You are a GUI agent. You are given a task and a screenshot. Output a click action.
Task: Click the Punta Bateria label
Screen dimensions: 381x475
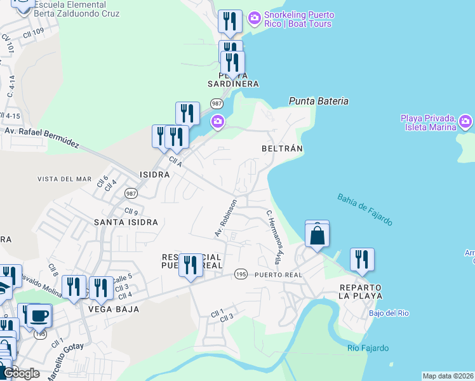(x=318, y=101)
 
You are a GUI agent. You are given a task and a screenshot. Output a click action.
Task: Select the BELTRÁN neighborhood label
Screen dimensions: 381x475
(x=282, y=148)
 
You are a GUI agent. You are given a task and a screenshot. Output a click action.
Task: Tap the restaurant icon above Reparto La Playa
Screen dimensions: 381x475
(x=362, y=260)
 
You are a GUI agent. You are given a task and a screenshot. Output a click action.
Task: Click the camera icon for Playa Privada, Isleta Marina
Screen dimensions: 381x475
(x=465, y=121)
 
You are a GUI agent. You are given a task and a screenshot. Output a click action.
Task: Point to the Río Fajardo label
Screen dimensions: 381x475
(x=368, y=348)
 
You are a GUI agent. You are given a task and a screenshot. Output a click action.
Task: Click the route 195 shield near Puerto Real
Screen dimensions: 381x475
(x=240, y=274)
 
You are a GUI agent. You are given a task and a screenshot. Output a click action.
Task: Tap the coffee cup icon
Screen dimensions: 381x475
(x=39, y=315)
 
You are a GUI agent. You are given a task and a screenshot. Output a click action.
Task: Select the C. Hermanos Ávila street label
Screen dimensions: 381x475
(x=274, y=237)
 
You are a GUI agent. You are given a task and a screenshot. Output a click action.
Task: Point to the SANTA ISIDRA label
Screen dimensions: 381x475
(x=126, y=222)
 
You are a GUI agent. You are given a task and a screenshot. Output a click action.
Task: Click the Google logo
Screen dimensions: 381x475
(x=20, y=373)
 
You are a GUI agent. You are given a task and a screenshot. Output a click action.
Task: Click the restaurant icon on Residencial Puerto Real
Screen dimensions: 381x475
(x=190, y=265)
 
